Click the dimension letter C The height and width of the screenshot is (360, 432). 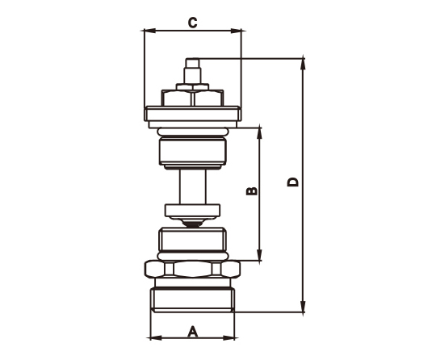pos(192,23)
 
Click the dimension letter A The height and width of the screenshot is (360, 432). pos(193,332)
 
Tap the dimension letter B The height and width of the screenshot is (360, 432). pos(252,190)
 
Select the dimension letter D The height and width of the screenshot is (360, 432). pos(293,182)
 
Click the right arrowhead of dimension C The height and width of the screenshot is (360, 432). pos(236,31)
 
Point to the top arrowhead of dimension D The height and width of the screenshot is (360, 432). pos(303,65)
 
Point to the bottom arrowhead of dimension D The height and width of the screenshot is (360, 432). pos(303,307)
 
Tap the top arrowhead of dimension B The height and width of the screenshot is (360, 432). pos(259,134)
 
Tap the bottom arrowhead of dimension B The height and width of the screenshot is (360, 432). pos(259,254)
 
